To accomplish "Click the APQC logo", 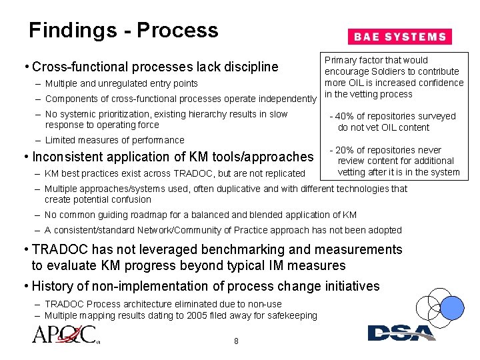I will click(64, 334).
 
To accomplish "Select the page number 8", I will click(236, 342).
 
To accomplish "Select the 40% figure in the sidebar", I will click(348, 117).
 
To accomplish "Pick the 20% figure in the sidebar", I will click(348, 150).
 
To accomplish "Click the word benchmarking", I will click(230, 250).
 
